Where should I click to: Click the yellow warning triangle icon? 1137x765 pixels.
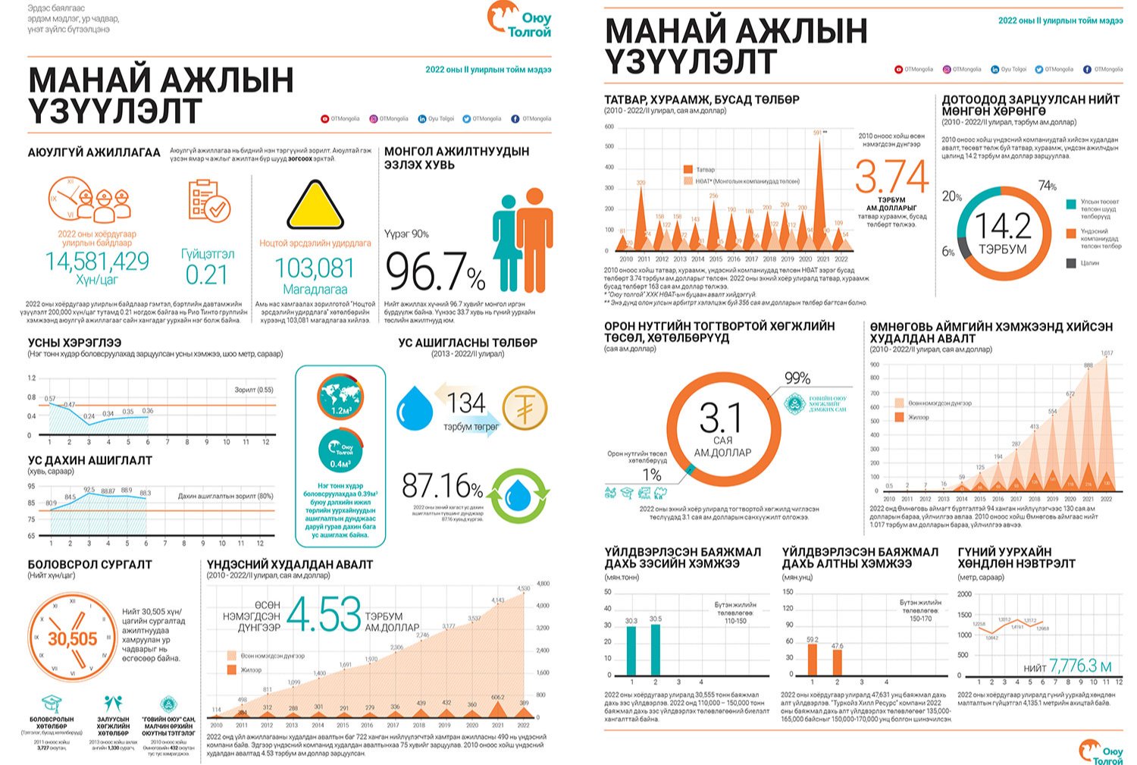(x=315, y=205)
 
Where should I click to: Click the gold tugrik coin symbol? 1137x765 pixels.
(x=524, y=408)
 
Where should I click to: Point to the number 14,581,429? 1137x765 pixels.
(x=97, y=262)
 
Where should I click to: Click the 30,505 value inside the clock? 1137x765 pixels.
(x=73, y=638)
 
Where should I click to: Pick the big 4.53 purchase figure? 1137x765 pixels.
(x=324, y=615)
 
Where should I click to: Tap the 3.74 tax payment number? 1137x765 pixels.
(x=891, y=177)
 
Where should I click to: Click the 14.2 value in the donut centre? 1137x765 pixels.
(x=1002, y=227)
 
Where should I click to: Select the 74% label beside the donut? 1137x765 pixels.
(x=1048, y=186)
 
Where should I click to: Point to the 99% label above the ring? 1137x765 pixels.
(x=797, y=378)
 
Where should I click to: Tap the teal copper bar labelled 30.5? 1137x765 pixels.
(x=656, y=650)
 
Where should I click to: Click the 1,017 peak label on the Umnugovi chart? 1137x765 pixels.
(x=1107, y=354)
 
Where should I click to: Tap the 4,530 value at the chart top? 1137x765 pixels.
(x=524, y=588)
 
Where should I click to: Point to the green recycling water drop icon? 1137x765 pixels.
(x=518, y=497)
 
